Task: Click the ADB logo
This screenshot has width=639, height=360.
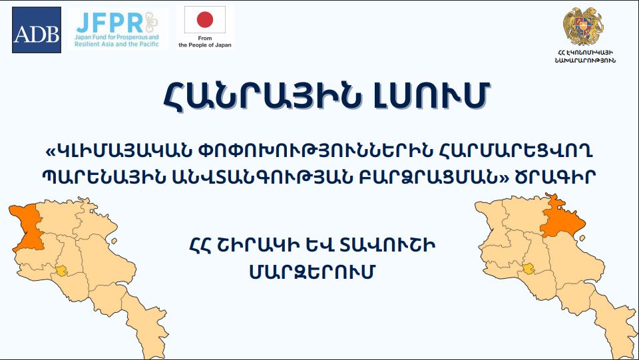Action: tap(37, 30)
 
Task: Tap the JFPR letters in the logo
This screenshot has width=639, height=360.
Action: tap(110, 23)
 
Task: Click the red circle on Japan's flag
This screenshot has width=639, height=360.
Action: tap(205, 19)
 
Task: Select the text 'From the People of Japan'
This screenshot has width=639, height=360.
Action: tap(205, 41)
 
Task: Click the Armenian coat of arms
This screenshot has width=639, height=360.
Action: tap(584, 26)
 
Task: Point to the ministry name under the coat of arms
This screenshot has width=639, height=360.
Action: tap(585, 57)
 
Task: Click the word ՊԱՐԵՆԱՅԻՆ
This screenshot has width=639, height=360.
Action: tap(104, 177)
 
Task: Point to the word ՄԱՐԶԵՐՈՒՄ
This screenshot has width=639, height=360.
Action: tap(312, 272)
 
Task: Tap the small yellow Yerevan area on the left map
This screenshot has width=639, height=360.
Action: tap(61, 271)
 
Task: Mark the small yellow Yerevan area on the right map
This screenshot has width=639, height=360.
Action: tap(529, 269)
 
